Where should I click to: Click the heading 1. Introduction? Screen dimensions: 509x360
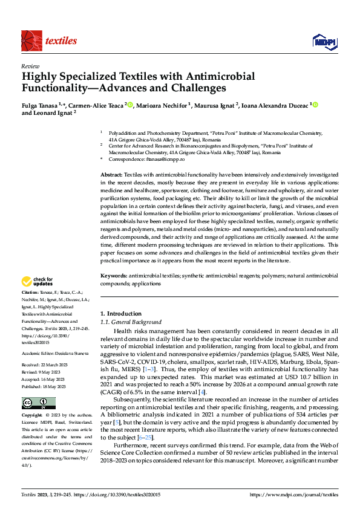[120, 314]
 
